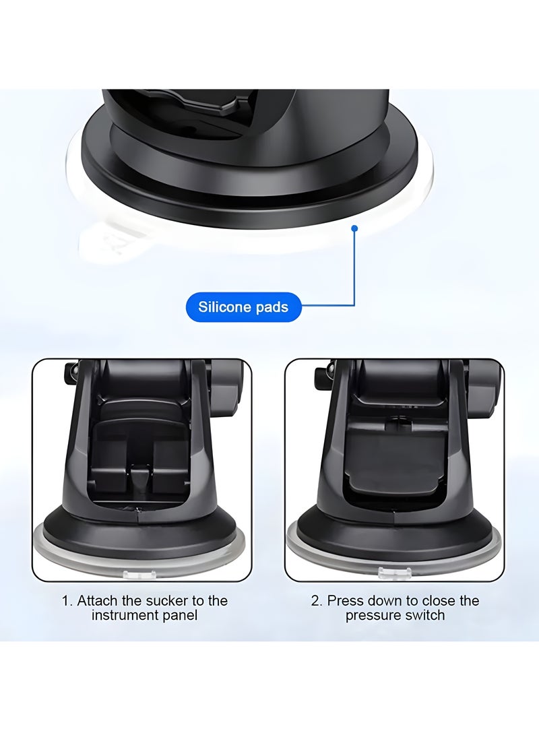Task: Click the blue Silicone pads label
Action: [x=243, y=307]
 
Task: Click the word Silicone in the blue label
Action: [x=220, y=307]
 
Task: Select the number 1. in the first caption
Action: [x=67, y=600]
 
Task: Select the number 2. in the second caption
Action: [x=317, y=600]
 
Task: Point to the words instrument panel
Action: [x=145, y=616]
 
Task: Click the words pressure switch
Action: [x=395, y=616]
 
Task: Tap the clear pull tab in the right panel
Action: [x=391, y=573]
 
